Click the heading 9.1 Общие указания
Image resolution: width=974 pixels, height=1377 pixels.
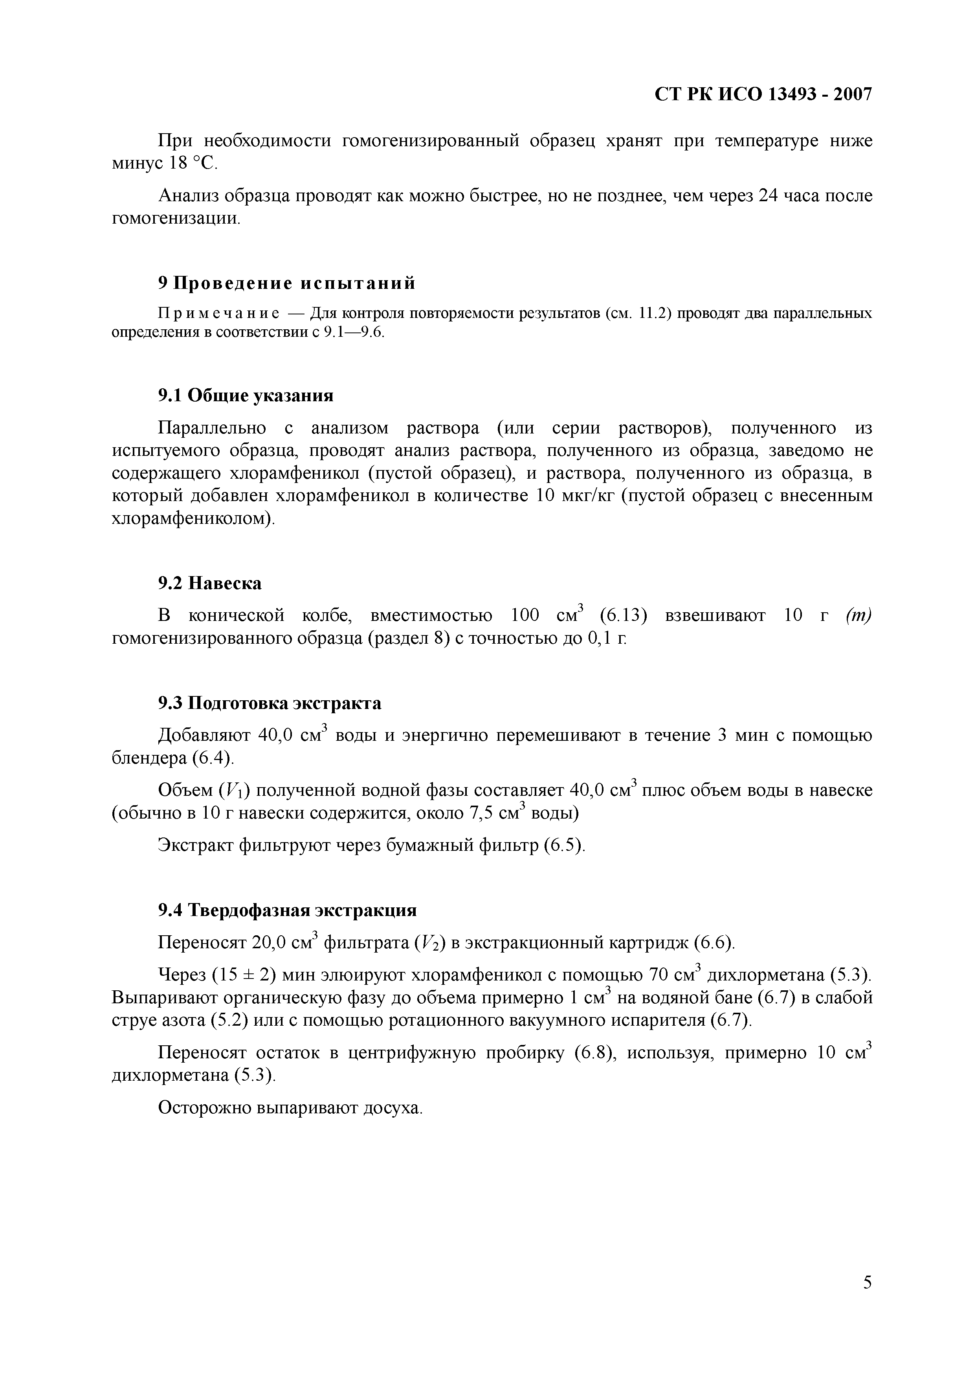coord(245,395)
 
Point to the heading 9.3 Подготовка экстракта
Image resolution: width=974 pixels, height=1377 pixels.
coord(269,703)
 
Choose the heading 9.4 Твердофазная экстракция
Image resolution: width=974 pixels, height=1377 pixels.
coord(287,911)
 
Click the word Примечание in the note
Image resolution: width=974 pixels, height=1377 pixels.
coord(218,314)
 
